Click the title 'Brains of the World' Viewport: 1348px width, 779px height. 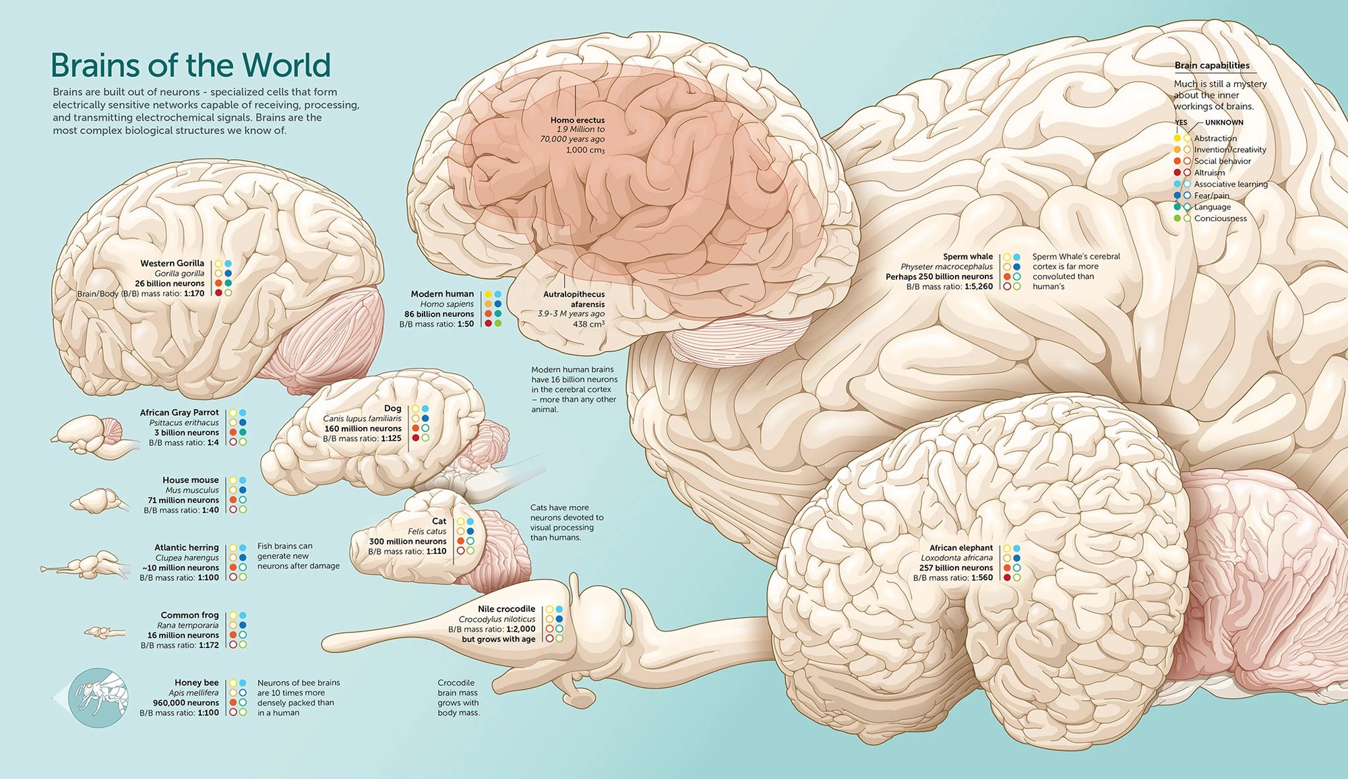click(191, 65)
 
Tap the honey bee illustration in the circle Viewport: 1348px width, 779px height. click(98, 697)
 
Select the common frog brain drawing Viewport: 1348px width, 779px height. click(104, 632)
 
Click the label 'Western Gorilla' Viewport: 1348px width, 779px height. click(172, 263)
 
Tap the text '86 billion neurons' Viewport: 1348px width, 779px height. click(439, 314)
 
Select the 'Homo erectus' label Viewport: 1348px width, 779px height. click(578, 120)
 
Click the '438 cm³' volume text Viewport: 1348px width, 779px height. click(588, 324)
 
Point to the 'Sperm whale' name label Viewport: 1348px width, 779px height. click(968, 257)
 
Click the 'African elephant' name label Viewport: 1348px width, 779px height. click(961, 548)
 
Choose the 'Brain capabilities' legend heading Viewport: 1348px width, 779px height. click(1212, 65)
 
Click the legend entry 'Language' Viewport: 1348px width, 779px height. click(1213, 207)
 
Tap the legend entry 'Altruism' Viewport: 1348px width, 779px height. click(1210, 173)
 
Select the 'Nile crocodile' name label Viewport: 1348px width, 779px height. click(506, 609)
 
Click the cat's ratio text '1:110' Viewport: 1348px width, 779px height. click(436, 551)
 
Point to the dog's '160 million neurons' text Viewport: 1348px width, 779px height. click(363, 429)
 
